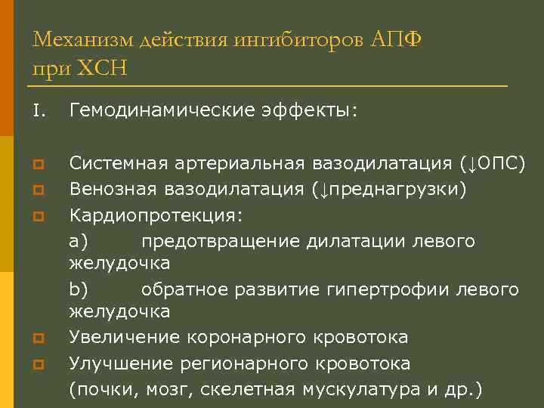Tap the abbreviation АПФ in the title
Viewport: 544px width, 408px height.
tap(395, 39)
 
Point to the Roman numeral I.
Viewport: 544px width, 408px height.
tap(39, 112)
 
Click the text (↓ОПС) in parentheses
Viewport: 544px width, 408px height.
tap(492, 163)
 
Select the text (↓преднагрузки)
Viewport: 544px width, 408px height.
tap(389, 189)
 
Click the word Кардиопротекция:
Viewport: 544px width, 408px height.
tap(156, 215)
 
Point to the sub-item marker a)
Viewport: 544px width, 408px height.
tap(79, 241)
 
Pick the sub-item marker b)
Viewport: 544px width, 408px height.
tap(79, 289)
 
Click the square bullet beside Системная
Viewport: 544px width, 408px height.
tap(39, 164)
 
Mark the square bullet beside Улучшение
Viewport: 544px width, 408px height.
tap(39, 364)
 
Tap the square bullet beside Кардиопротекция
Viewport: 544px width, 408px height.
tap(39, 216)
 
